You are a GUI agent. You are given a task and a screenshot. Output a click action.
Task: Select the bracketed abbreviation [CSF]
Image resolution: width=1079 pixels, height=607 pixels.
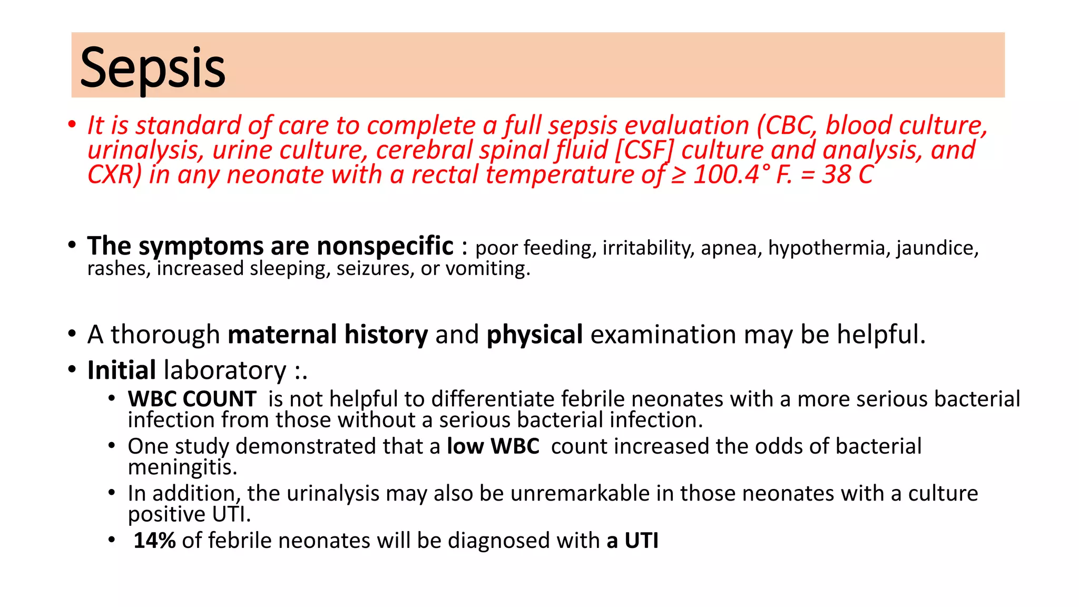645,150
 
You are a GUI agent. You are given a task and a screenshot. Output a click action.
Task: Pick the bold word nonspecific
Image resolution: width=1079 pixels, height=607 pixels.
385,246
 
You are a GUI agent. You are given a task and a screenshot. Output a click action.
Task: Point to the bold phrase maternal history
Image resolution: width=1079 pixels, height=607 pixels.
328,335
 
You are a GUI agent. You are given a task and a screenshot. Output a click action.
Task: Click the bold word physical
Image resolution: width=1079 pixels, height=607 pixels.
534,335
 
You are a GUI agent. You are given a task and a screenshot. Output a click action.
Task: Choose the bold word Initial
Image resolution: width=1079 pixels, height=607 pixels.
121,370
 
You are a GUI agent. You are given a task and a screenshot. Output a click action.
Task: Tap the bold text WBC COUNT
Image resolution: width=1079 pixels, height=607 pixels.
192,399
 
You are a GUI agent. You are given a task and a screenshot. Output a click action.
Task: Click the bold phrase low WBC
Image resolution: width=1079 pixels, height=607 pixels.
493,446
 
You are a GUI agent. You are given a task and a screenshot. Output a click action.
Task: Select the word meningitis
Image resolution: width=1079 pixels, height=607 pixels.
182,467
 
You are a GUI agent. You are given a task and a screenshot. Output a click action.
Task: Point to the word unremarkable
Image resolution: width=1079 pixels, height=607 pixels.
580,494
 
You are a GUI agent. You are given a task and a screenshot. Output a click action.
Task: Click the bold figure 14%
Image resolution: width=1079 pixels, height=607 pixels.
154,541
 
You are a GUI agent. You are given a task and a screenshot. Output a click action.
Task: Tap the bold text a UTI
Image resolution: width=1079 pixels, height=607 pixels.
632,541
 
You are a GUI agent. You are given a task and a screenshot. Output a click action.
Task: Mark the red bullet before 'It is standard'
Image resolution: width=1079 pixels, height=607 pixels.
72,125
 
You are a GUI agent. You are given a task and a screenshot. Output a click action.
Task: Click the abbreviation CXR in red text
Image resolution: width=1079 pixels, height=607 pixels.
114,174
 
